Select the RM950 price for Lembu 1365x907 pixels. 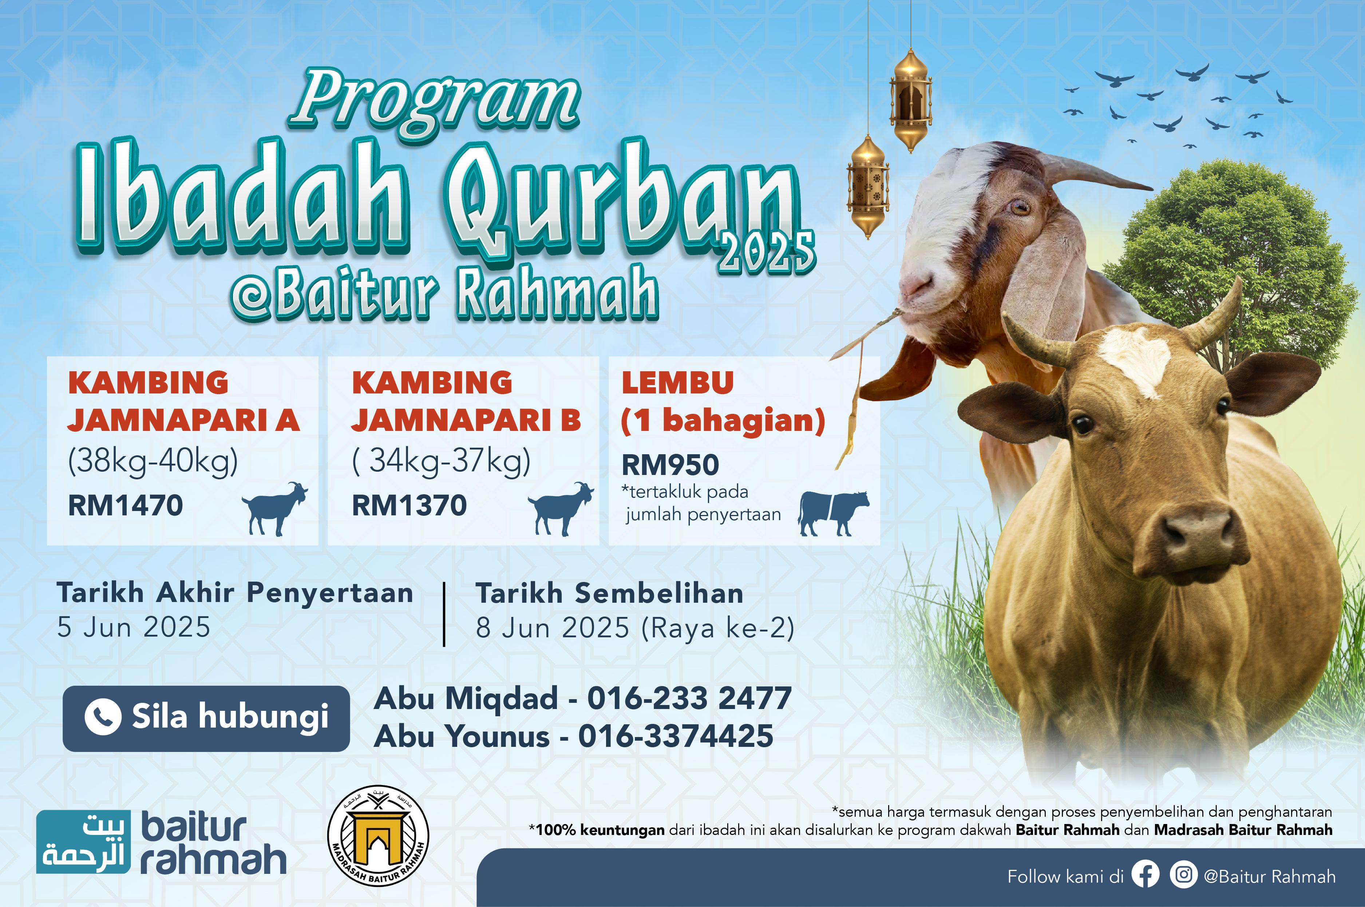(x=670, y=465)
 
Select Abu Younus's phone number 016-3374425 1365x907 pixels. (x=676, y=736)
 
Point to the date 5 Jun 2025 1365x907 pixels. (x=134, y=627)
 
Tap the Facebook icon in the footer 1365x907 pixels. (x=1145, y=876)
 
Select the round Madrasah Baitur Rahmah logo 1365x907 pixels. (x=378, y=835)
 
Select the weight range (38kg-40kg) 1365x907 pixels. (x=153, y=462)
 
